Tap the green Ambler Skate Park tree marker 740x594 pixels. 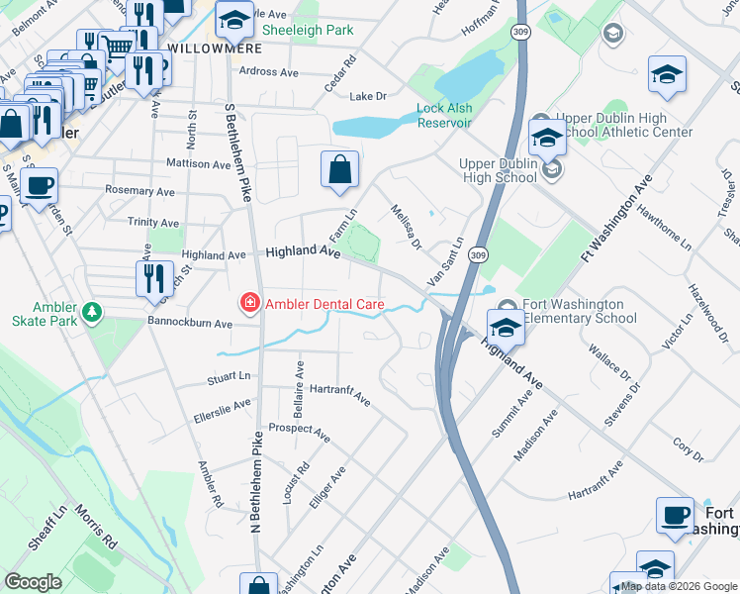click(92, 313)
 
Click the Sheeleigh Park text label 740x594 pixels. click(308, 31)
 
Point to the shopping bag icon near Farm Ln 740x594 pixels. click(339, 168)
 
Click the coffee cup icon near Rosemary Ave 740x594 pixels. click(40, 185)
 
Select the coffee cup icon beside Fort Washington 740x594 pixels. click(676, 515)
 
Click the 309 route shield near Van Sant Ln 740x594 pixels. click(478, 255)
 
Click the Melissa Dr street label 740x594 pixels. click(406, 227)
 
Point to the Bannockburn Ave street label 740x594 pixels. click(189, 323)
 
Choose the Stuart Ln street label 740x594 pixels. click(229, 377)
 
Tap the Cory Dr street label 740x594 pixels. click(686, 450)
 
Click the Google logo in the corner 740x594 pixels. click(33, 582)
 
